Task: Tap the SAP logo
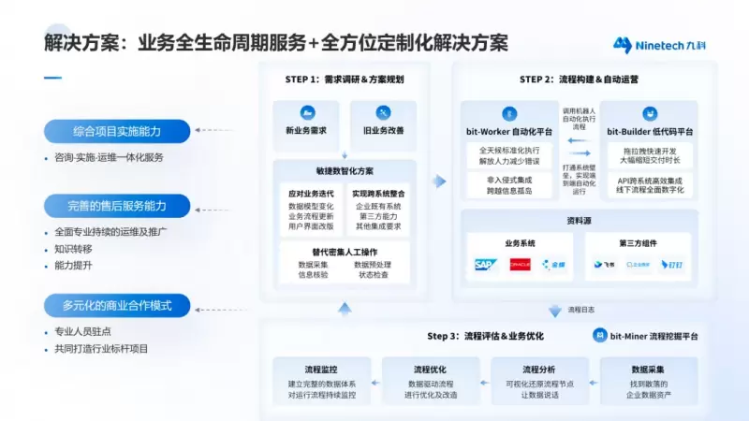485,265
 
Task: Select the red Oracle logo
520,265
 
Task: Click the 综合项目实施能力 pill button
117,130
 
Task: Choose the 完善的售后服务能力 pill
117,205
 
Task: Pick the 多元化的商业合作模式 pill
117,305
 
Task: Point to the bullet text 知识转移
74,249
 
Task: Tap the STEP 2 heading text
579,80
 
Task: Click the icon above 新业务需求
305,112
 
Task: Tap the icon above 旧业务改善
382,112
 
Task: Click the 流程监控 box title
321,370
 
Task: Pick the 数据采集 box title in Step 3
648,370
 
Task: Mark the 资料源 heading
578,222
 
